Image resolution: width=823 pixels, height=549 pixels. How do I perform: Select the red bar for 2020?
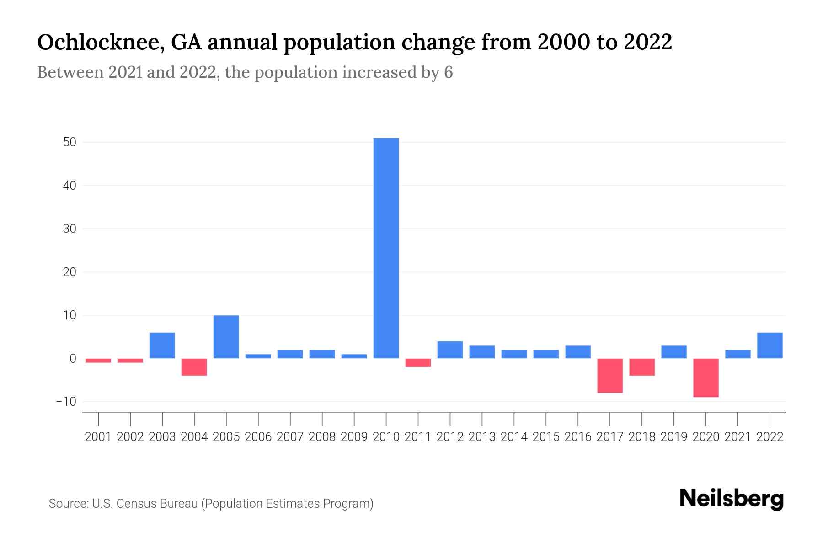(706, 377)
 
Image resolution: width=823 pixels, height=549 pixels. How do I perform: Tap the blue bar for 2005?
(226, 337)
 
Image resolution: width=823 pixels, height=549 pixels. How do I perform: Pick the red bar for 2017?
(610, 375)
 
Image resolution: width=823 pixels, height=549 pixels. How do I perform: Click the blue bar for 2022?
(770, 345)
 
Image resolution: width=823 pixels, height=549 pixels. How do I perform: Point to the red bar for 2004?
(194, 367)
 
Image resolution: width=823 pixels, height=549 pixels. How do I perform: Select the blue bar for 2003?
(162, 345)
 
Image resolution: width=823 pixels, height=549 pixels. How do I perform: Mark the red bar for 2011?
(418, 362)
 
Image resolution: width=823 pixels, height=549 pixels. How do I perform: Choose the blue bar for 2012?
(450, 350)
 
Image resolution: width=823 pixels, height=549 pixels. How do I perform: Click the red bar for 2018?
(642, 367)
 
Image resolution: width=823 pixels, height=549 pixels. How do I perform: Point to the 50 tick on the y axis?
(69, 142)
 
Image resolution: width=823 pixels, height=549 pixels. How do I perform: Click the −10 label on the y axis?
(66, 402)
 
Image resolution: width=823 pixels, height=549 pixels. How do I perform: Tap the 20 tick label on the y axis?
(69, 272)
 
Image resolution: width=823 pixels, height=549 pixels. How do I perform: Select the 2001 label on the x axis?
(98, 437)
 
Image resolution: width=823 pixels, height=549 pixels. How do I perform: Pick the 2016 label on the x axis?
(578, 437)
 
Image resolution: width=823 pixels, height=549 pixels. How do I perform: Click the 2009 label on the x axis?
(354, 437)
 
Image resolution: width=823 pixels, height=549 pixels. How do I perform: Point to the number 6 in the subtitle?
(448, 72)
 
